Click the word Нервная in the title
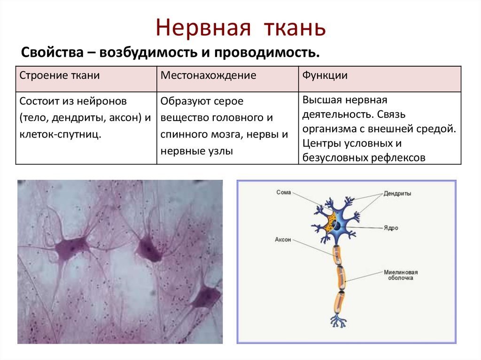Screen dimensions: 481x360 click(203, 27)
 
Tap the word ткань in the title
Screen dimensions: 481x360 click(295, 27)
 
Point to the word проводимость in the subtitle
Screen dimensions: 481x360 click(267, 53)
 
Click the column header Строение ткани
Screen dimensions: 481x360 click(60, 76)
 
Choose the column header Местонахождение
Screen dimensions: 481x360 click(208, 76)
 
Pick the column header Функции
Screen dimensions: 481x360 click(325, 76)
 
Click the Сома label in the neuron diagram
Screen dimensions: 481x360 click(283, 192)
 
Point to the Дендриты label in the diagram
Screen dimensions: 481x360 click(397, 193)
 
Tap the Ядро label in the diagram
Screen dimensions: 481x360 click(391, 228)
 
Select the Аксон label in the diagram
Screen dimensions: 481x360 click(283, 239)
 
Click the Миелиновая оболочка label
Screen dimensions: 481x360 click(401, 275)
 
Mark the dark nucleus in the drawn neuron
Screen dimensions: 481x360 click(337, 226)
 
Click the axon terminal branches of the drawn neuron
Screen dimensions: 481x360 click(338, 321)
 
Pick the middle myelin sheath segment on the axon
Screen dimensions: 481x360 click(341, 277)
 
